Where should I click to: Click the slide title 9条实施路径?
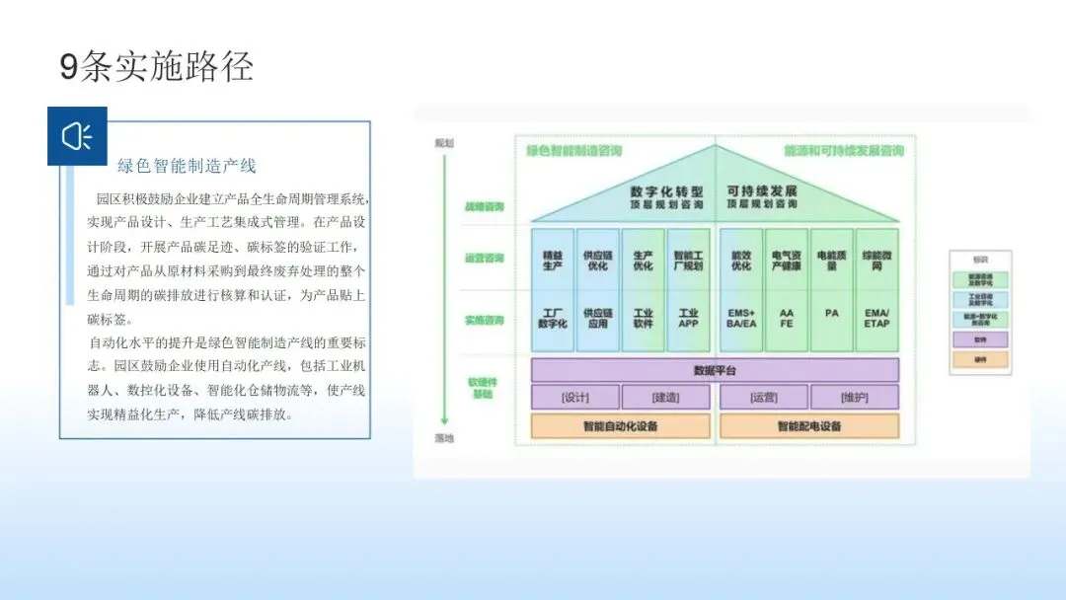[157, 67]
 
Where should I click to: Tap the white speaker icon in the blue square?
[77, 136]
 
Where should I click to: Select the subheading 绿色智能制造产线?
[187, 166]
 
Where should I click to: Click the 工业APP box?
[688, 319]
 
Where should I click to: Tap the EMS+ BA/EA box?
[741, 319]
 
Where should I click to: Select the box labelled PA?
[832, 314]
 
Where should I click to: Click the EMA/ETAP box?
[876, 319]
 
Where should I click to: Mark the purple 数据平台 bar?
[715, 370]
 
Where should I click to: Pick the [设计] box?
[575, 398]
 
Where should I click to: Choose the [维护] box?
[855, 398]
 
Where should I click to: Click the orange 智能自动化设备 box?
[620, 426]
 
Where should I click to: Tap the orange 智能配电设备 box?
[809, 426]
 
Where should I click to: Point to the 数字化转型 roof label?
[666, 190]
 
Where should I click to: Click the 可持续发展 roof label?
[762, 190]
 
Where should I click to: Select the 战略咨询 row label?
[485, 207]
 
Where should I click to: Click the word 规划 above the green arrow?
[445, 143]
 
